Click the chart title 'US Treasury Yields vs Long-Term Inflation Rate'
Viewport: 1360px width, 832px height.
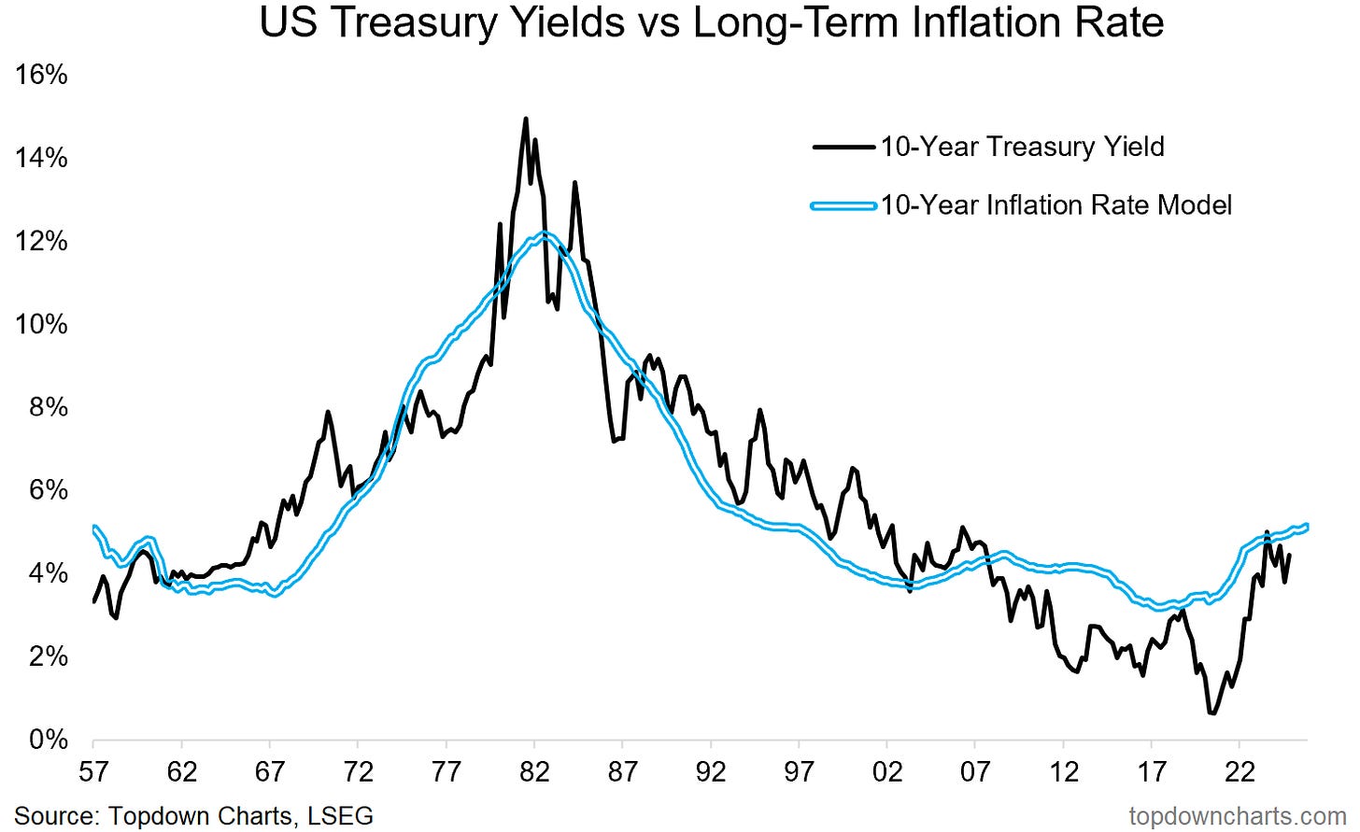(x=711, y=21)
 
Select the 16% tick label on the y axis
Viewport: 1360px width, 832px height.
(x=41, y=74)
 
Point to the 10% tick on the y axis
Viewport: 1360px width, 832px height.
(x=41, y=324)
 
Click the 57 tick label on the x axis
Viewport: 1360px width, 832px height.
(x=93, y=772)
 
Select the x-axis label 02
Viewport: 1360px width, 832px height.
(x=887, y=772)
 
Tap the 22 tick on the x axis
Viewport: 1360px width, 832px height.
(x=1240, y=772)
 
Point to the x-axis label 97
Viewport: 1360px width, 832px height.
(x=800, y=772)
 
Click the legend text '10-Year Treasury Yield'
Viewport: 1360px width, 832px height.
(x=1022, y=147)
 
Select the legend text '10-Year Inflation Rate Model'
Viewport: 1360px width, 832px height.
(x=1056, y=204)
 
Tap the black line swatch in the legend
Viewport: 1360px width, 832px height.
(x=843, y=147)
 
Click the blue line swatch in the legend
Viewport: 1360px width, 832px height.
(x=843, y=204)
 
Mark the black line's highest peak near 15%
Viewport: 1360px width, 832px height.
(x=525, y=119)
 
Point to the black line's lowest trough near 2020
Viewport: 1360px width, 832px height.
(x=1212, y=713)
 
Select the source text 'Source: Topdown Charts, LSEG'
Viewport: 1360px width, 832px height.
(x=194, y=815)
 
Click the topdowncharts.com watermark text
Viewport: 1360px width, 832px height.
(x=1237, y=815)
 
